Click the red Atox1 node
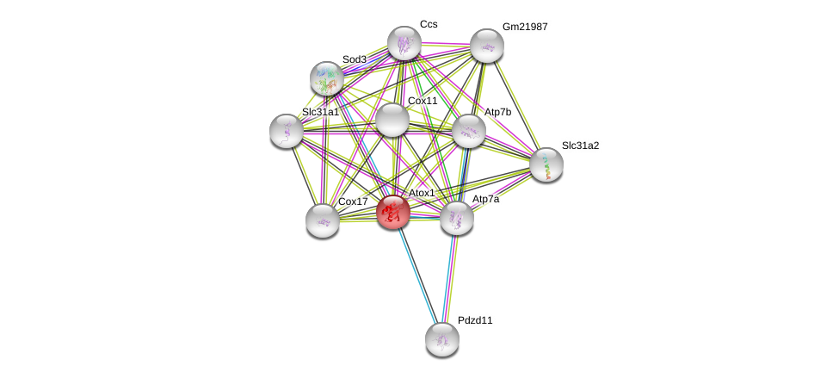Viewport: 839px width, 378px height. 393,212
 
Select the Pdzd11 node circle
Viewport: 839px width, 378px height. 442,339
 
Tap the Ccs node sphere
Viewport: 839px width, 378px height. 404,43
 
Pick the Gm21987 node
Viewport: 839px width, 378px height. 487,46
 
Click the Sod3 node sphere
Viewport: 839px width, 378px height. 327,78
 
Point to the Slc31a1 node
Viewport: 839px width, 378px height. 287,131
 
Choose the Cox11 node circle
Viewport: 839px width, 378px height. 392,120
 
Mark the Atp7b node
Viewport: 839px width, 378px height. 469,131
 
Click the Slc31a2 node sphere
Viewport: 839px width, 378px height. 546,164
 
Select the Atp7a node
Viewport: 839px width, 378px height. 457,218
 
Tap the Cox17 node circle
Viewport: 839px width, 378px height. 323,220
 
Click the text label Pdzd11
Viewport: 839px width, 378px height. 475,320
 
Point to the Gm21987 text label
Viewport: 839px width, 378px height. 525,27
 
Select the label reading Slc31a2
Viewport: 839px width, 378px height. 580,146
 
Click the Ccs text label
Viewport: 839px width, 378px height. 429,24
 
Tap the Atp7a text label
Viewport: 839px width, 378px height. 485,199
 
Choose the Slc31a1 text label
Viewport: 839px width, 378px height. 320,112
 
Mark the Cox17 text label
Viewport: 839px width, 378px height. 353,201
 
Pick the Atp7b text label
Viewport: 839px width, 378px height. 497,112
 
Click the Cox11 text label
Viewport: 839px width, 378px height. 423,101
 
